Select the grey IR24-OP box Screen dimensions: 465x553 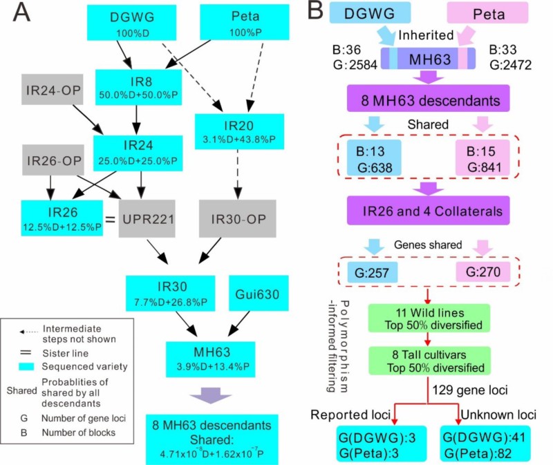[x=51, y=89]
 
